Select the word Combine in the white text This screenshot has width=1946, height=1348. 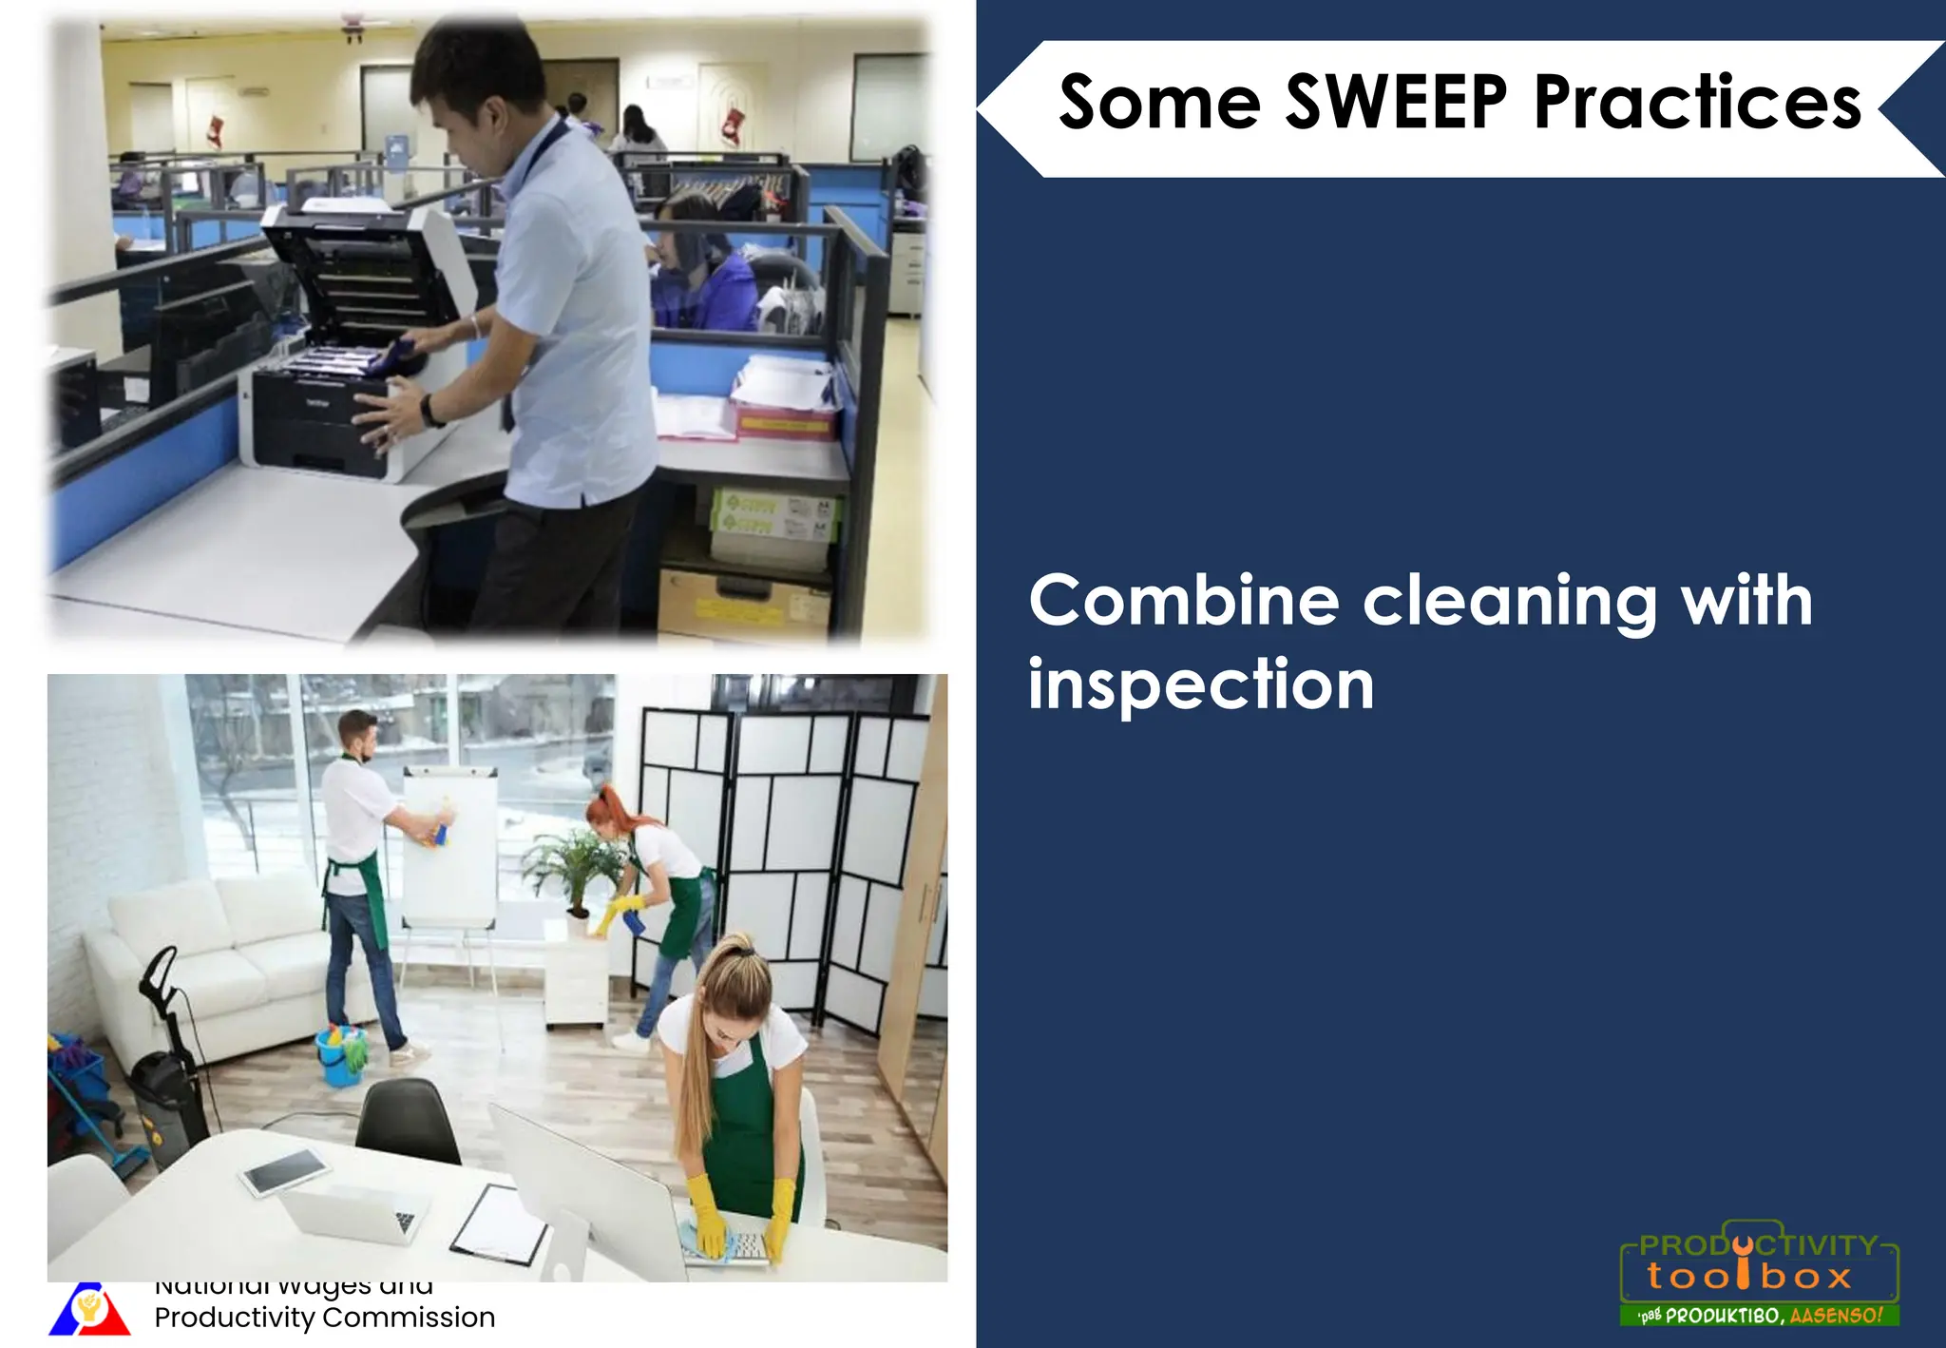pyautogui.click(x=1184, y=601)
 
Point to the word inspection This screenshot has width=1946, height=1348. pyautogui.click(x=1201, y=684)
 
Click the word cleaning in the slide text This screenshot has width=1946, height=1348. pyautogui.click(x=1510, y=603)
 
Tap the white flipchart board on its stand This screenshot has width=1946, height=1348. pyautogui.click(x=448, y=846)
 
